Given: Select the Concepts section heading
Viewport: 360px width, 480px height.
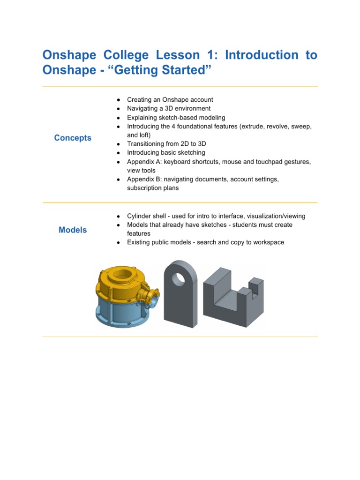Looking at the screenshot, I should (73, 138).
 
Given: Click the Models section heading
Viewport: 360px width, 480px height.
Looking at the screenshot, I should (73, 230).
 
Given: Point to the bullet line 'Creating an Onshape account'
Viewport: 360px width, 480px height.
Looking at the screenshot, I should (170, 99).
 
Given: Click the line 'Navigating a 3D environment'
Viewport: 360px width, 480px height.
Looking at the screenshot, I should (169, 108).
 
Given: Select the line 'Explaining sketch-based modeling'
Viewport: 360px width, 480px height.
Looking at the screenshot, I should (176, 117).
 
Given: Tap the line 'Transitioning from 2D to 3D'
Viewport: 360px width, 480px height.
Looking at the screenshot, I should (168, 144).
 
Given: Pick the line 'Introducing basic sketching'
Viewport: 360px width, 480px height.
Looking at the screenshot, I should (166, 153).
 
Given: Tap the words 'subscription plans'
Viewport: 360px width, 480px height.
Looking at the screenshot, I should (153, 188).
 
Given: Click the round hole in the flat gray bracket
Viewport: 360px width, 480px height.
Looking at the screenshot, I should (179, 279).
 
